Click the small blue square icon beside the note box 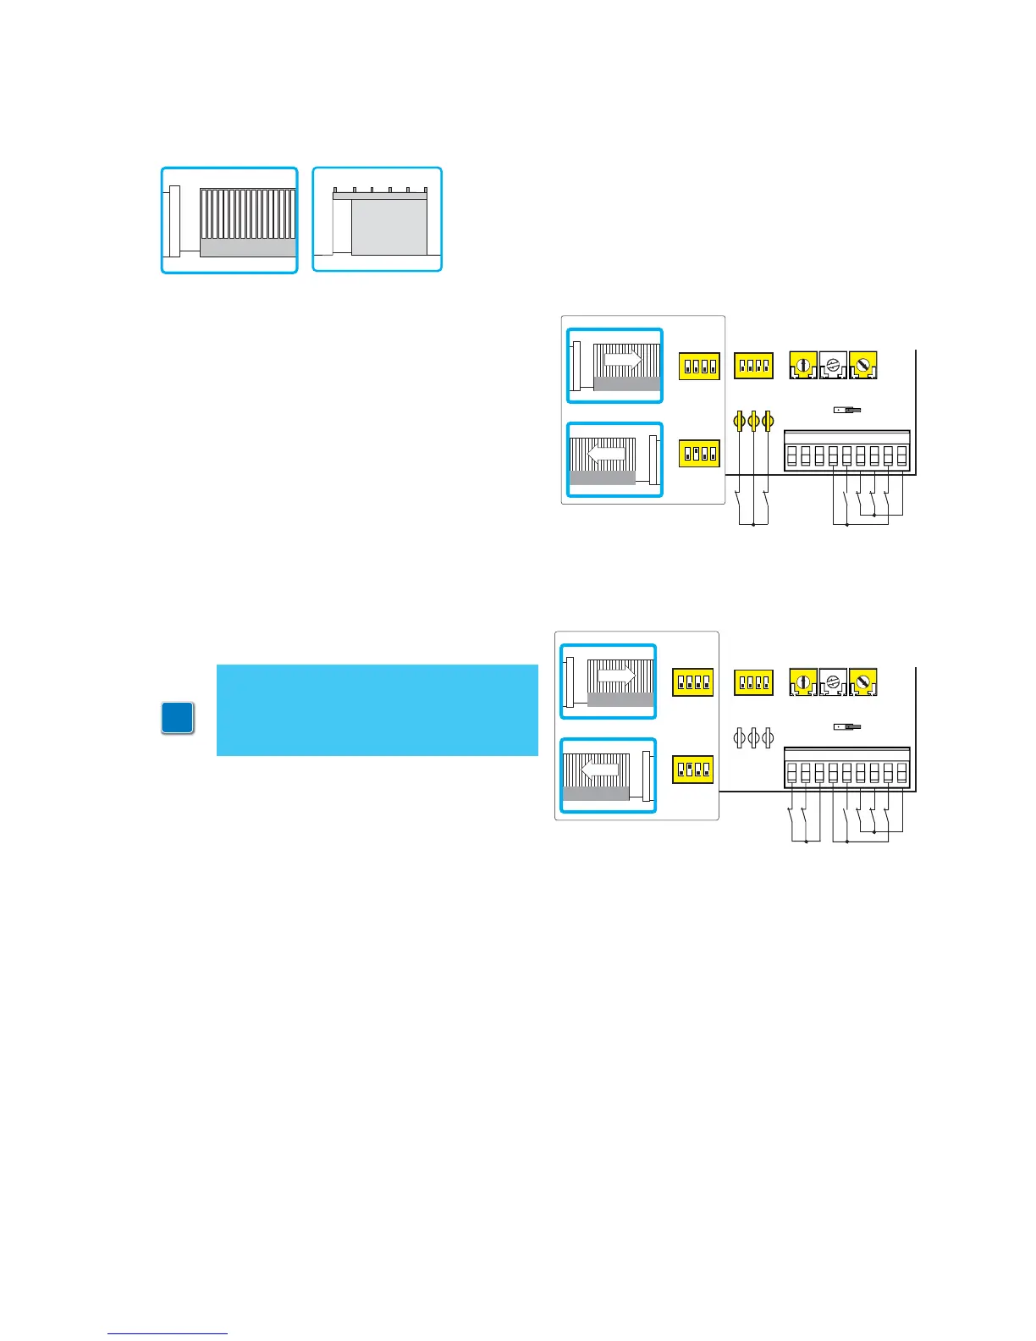178,718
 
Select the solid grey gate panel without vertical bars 389,227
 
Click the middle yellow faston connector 753,421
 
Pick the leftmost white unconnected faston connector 738,737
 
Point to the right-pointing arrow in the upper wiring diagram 623,359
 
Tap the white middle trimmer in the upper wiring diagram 834,365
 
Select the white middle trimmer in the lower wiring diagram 834,682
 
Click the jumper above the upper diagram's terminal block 846,410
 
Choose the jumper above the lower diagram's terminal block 846,726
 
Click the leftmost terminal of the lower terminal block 791,773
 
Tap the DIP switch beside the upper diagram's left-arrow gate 699,453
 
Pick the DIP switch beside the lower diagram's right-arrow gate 692,682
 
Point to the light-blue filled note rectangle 377,709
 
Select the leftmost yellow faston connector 739,421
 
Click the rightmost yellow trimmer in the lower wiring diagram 863,682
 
